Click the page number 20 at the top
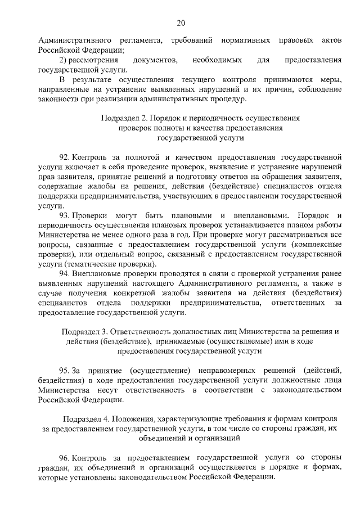pyautogui.click(x=180, y=23)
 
